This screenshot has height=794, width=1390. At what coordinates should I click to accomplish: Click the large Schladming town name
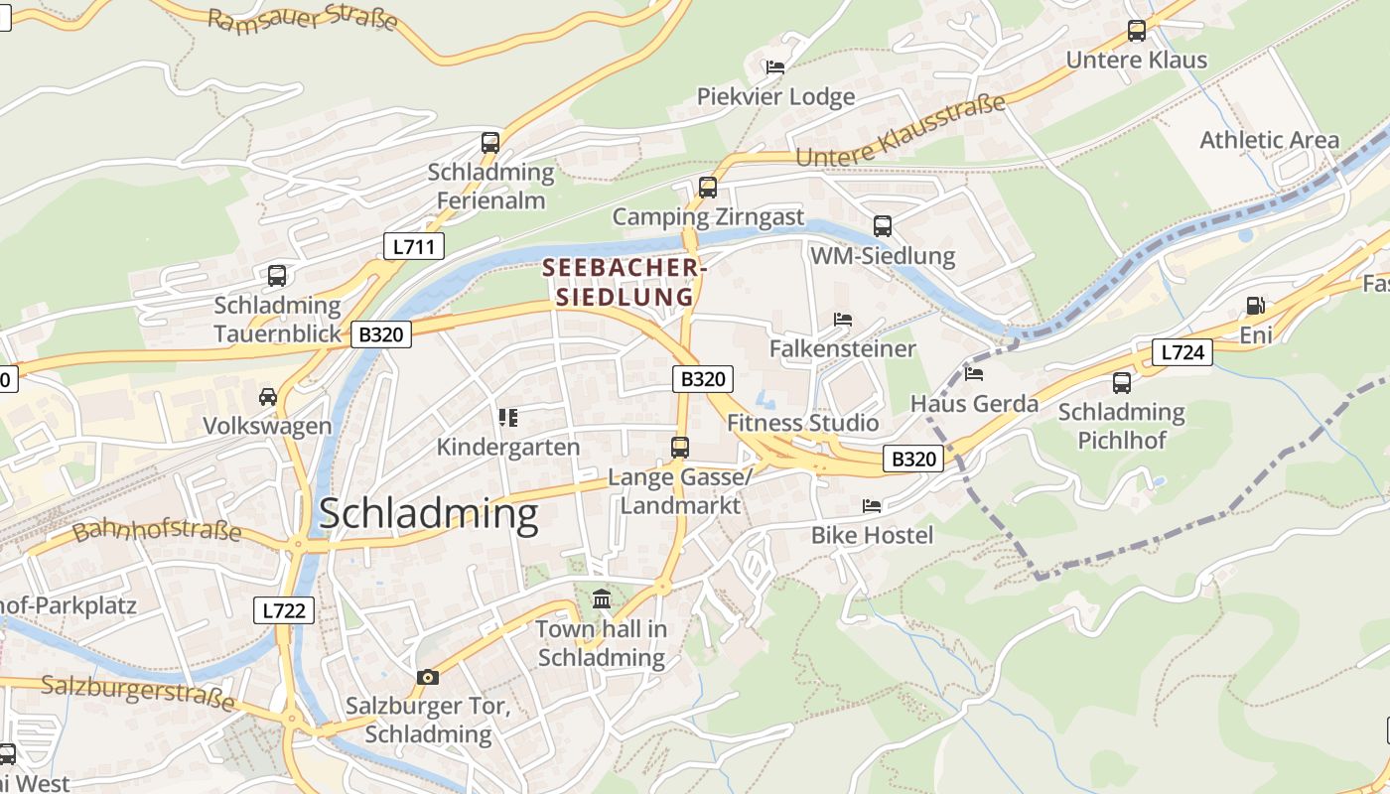[x=428, y=514]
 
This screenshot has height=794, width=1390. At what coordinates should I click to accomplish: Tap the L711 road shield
[x=413, y=246]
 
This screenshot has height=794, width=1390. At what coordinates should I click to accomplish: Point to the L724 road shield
[x=1182, y=351]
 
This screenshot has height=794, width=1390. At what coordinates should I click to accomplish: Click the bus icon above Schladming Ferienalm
[x=490, y=142]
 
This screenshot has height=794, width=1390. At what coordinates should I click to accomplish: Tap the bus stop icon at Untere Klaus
[x=1137, y=31]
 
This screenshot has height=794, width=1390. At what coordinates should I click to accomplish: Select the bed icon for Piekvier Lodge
[x=775, y=67]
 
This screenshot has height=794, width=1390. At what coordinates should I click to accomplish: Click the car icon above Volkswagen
[x=267, y=397]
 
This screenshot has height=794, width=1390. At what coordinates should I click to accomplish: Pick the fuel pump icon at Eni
[x=1256, y=306]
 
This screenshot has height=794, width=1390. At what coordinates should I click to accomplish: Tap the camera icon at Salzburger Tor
[x=428, y=677]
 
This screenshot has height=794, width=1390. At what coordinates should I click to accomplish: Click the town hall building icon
[x=602, y=598]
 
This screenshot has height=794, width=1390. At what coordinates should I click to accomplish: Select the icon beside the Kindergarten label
[x=508, y=418]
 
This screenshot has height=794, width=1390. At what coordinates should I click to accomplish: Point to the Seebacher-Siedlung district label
[x=625, y=282]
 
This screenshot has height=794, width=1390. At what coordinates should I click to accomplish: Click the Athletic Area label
[x=1269, y=140]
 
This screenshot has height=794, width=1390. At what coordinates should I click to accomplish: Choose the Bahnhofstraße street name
[x=157, y=529]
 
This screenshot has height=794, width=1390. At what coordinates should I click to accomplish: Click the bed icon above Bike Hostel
[x=872, y=506]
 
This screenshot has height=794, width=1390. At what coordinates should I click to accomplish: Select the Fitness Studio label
[x=802, y=423]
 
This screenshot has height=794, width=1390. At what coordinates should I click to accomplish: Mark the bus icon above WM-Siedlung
[x=883, y=226]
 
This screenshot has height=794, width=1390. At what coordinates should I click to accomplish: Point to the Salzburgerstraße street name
[x=138, y=692]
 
